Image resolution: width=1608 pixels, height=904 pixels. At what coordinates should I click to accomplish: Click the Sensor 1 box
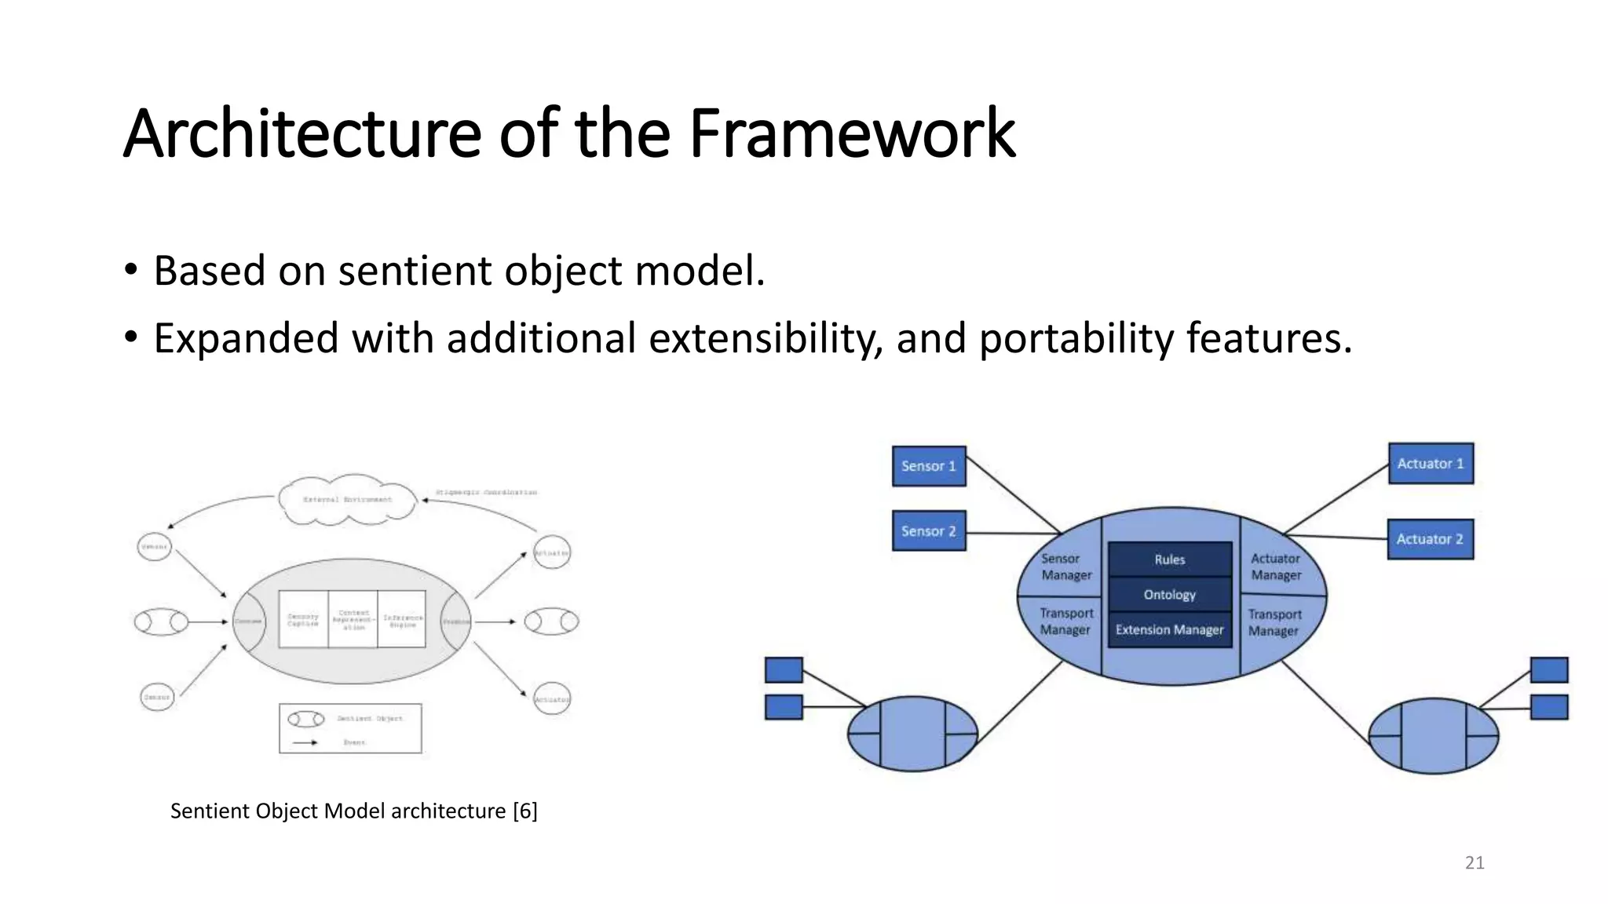tap(929, 466)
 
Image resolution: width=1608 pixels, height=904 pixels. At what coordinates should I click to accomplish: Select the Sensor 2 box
tap(929, 531)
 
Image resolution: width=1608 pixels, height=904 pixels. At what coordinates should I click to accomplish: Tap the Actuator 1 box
tap(1431, 464)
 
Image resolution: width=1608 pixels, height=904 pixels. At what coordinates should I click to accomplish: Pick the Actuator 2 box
tap(1430, 539)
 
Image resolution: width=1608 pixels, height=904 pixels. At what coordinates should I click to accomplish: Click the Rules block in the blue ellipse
tap(1169, 560)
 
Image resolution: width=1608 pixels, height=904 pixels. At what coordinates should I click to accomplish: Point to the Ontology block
tap(1169, 595)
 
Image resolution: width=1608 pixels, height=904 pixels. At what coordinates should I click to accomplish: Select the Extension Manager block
tap(1169, 630)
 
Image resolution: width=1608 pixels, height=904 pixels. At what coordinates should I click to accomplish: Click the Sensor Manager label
tap(1065, 567)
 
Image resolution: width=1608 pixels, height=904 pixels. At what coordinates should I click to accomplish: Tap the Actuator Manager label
tap(1276, 567)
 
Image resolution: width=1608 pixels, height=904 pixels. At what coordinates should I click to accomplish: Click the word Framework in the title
tap(852, 133)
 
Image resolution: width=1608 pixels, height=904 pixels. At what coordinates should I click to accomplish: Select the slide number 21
tap(1475, 863)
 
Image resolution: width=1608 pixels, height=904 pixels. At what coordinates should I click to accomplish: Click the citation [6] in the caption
tap(524, 811)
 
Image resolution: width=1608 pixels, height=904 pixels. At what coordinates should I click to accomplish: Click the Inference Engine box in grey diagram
tap(402, 620)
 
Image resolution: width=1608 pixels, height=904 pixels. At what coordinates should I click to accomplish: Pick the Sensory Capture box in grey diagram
tap(303, 620)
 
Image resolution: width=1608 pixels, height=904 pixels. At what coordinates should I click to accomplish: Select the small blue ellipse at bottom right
tap(1433, 736)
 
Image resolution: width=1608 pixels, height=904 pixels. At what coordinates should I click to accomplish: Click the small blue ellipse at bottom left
tap(912, 734)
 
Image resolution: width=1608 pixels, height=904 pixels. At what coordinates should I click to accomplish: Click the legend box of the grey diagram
tap(350, 728)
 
